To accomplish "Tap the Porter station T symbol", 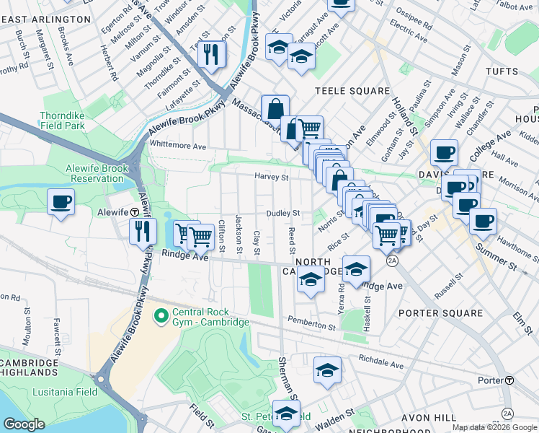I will click(x=509, y=380).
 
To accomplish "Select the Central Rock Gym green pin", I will click(x=161, y=316).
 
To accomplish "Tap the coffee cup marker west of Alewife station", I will click(x=61, y=201).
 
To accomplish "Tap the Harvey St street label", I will click(x=271, y=177).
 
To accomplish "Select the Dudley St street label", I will click(x=282, y=214).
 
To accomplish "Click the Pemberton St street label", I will click(x=311, y=323).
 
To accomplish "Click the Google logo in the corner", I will click(x=24, y=424).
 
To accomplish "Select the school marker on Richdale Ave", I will click(x=327, y=371).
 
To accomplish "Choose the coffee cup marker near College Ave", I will click(x=444, y=153).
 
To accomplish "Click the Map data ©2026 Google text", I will click(x=494, y=427).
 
